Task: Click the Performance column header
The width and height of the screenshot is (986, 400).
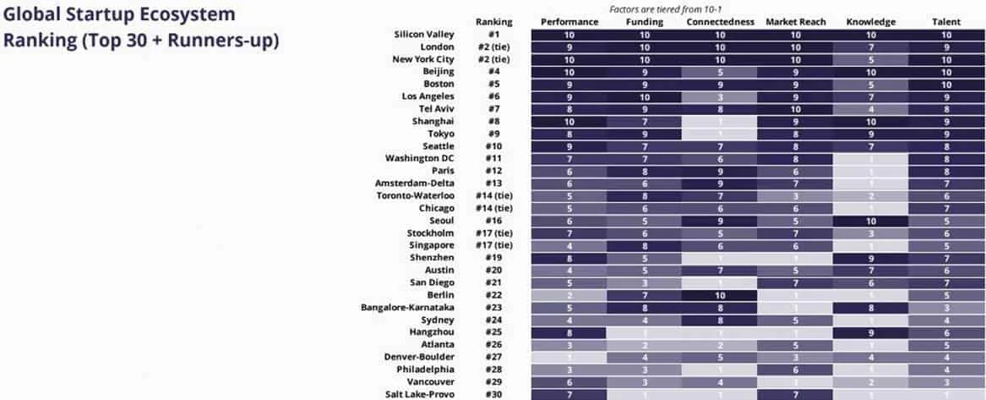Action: coord(569,21)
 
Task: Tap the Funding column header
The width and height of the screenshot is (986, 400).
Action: coord(645,21)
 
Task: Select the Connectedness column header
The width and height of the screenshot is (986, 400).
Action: coord(721,21)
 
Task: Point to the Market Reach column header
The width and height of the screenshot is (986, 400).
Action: coord(795,21)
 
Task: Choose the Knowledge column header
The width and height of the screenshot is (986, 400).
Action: coord(870,21)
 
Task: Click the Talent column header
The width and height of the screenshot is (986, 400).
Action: coord(945,21)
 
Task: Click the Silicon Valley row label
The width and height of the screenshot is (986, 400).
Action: coord(424,35)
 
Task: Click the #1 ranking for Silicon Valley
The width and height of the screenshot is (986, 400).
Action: coord(493,35)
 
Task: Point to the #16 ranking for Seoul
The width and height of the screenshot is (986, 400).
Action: coord(493,221)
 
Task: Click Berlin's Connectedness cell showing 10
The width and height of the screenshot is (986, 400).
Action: coord(721,295)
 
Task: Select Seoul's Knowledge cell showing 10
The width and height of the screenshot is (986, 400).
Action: coord(870,221)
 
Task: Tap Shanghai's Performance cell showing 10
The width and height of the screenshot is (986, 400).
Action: coord(569,121)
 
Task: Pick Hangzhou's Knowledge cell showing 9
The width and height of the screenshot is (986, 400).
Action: coord(870,332)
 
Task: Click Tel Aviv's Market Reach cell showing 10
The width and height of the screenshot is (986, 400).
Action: coord(795,109)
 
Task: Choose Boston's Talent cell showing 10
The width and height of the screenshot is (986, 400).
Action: coord(945,84)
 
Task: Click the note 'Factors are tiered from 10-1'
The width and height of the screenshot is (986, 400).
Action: coord(646,8)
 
